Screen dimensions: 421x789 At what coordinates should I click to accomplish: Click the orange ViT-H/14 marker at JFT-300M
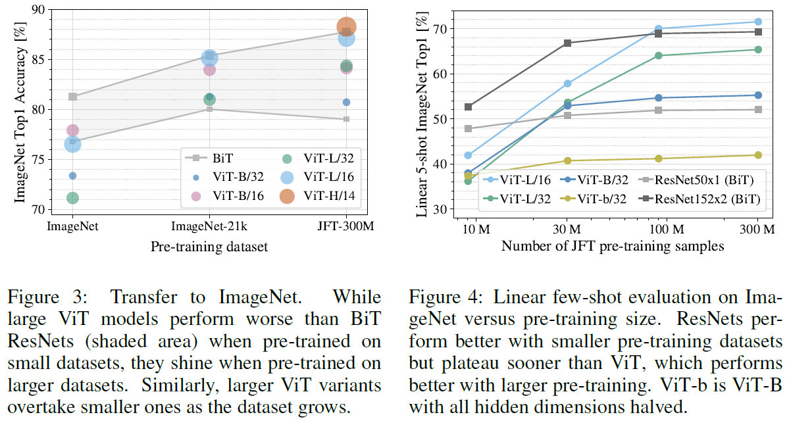tap(347, 27)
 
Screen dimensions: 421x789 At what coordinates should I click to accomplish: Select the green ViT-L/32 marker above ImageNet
tap(72, 198)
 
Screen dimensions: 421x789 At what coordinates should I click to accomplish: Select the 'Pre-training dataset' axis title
tap(209, 247)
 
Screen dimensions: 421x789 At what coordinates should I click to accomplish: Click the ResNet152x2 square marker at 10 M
tap(468, 107)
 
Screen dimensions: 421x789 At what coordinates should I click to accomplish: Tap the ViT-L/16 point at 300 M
tap(758, 22)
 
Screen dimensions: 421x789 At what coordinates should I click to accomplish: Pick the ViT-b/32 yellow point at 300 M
tap(758, 155)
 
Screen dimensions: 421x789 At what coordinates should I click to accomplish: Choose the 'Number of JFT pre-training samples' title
tap(613, 247)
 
